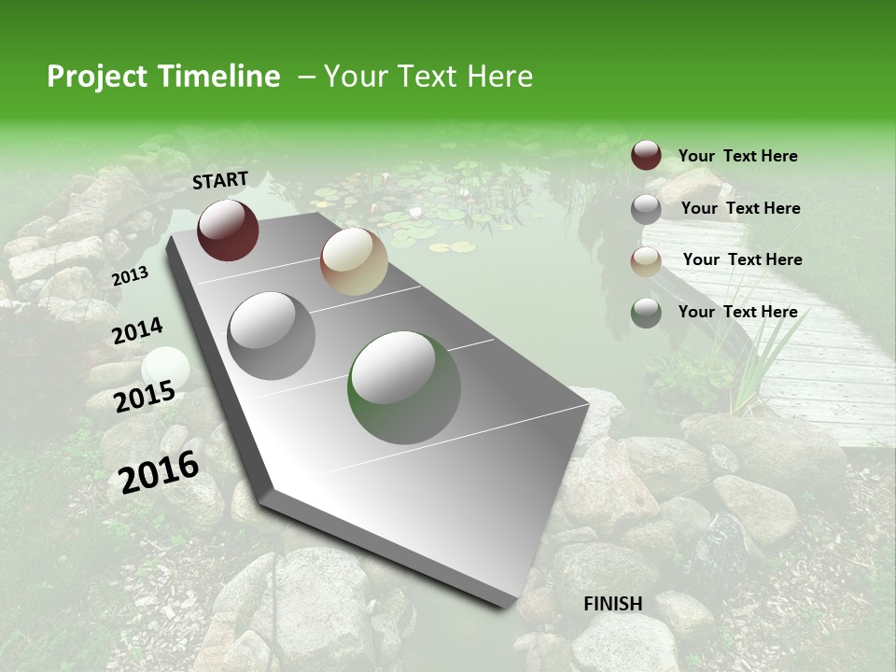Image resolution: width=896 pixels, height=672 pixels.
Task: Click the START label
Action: tap(220, 180)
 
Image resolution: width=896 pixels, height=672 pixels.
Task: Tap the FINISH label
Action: tap(613, 604)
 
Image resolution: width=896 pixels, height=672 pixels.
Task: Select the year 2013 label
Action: tap(130, 276)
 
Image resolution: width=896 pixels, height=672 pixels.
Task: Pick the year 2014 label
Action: tap(137, 331)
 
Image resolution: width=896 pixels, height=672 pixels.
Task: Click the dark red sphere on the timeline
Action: tap(228, 230)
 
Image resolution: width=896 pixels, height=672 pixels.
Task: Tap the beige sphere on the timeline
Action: tap(354, 261)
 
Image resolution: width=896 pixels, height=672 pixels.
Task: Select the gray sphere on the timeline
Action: tap(272, 336)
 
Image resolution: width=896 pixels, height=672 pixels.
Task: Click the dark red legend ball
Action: tap(646, 156)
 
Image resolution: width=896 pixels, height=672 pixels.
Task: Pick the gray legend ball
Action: tap(646, 209)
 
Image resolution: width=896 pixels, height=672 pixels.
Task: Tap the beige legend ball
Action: tap(646, 260)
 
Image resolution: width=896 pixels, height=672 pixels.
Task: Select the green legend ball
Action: tap(646, 313)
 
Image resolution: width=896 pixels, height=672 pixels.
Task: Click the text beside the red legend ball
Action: tap(737, 157)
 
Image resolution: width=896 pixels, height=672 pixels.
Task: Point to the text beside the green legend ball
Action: tap(737, 312)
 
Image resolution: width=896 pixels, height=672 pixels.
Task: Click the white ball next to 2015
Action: tap(166, 368)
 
